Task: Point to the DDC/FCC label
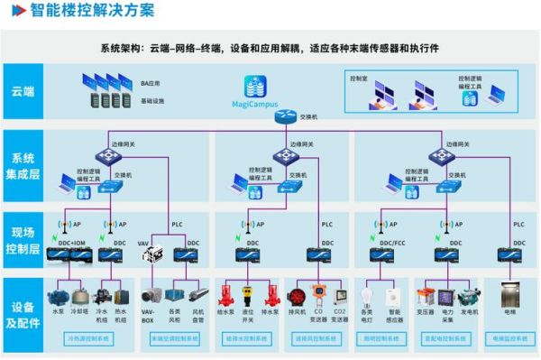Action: (x=392, y=243)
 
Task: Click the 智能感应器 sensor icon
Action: (x=394, y=296)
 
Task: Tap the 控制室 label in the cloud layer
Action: (x=359, y=78)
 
